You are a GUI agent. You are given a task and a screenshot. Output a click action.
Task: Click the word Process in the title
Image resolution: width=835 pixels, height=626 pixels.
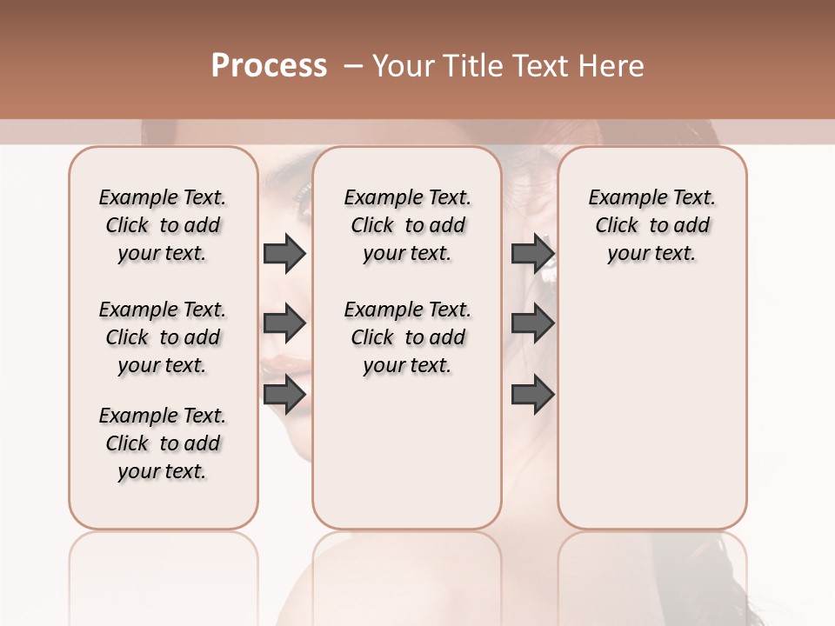(x=269, y=66)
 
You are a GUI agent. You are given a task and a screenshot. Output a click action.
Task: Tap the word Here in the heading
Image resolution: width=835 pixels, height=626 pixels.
(x=612, y=66)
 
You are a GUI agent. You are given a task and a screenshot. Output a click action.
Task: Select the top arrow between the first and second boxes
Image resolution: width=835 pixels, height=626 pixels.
(x=284, y=253)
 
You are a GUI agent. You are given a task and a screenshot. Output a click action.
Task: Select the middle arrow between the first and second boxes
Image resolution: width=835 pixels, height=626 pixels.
(x=284, y=323)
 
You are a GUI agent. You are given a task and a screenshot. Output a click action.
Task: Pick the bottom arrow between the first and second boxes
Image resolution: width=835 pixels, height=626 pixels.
(x=284, y=395)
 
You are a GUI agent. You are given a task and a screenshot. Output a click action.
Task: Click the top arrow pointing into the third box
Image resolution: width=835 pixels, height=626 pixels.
(x=532, y=253)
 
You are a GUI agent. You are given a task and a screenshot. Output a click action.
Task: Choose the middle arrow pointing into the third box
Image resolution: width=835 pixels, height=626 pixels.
(x=532, y=323)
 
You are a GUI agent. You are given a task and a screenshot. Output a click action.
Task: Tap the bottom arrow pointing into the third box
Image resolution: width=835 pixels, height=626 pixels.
(x=532, y=395)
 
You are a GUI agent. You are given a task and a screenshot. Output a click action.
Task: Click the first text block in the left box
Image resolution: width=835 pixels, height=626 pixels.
(x=163, y=225)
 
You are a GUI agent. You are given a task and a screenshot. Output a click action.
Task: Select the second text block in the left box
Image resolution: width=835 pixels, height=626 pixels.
(x=163, y=337)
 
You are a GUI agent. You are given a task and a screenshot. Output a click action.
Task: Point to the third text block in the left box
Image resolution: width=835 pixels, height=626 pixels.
(x=163, y=443)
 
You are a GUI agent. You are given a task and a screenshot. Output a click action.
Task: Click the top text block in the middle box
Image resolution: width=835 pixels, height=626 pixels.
(x=407, y=225)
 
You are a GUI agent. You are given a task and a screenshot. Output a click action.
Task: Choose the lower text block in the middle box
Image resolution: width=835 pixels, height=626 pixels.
(x=407, y=337)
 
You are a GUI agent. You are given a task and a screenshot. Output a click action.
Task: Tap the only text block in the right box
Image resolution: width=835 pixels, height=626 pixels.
(x=651, y=225)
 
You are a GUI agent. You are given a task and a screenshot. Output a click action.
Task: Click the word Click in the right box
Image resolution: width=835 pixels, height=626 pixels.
(x=617, y=225)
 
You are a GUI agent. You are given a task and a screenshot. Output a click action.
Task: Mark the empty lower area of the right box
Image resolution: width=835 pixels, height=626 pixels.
(x=651, y=409)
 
